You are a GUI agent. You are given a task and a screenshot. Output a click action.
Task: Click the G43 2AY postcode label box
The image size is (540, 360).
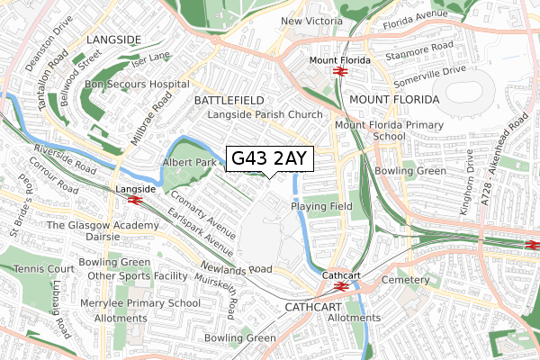[269, 158]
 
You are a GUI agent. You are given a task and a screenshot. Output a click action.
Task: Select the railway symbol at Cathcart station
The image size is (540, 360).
[341, 286]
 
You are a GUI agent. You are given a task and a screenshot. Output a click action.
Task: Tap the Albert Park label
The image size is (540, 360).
[190, 162]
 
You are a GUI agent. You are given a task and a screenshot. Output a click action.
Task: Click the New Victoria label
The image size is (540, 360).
[314, 21]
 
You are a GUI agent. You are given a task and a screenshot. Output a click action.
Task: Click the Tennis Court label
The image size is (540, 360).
[37, 269]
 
